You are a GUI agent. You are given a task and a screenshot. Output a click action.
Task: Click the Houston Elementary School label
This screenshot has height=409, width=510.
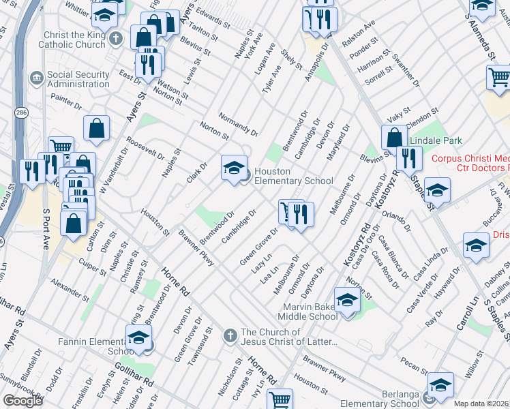pyautogui.click(x=293, y=176)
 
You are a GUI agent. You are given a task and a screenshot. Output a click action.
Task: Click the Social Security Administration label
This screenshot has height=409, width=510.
pyautogui.click(x=79, y=79)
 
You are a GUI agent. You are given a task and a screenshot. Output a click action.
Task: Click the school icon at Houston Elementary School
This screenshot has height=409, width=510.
pyautogui.click(x=233, y=168)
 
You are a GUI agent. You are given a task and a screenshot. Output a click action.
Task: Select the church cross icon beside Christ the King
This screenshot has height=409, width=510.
pyautogui.click(x=116, y=38)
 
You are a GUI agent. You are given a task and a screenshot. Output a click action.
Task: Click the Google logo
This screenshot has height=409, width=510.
pyautogui.click(x=22, y=400)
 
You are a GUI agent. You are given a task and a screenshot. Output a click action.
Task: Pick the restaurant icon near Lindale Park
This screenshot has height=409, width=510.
pyautogui.click(x=408, y=159)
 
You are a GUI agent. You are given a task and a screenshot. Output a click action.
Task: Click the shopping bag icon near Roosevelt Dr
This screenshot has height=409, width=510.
pyautogui.click(x=97, y=127)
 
